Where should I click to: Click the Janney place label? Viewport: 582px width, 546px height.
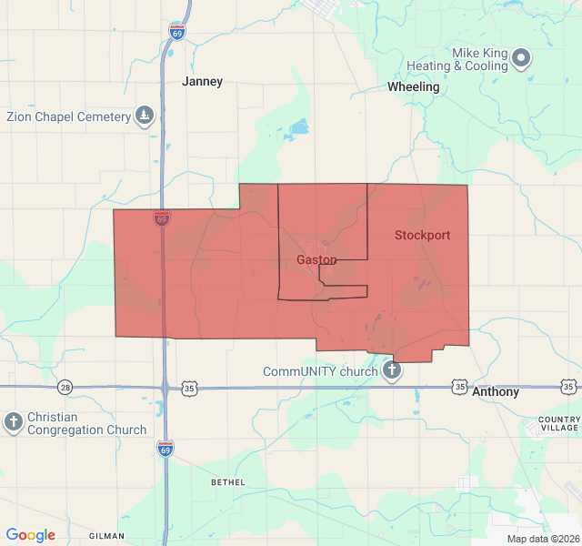click(x=202, y=81)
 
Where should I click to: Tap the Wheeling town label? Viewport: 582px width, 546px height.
click(x=413, y=87)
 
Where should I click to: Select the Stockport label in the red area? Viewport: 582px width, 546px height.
click(x=422, y=235)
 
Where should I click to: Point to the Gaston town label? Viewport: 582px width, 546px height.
click(x=316, y=259)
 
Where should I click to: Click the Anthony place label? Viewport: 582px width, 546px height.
click(x=496, y=391)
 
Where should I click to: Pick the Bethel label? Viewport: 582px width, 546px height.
click(x=227, y=481)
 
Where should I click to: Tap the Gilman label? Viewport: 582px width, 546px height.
click(x=107, y=536)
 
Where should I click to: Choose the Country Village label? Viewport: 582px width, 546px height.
click(x=558, y=423)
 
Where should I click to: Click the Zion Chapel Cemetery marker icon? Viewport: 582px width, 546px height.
click(x=145, y=116)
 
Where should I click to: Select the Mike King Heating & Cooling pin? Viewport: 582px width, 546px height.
click(x=521, y=58)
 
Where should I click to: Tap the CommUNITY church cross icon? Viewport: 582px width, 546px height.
click(x=392, y=370)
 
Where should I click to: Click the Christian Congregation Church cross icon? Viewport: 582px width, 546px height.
click(x=14, y=421)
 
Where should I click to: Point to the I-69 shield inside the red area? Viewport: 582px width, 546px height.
click(x=161, y=218)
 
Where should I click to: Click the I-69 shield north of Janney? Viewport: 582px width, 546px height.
click(x=176, y=32)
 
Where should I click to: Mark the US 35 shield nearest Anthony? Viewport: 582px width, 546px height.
click(x=460, y=388)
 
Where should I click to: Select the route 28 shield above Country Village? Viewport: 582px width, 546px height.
click(x=569, y=388)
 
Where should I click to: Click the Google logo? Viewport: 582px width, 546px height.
click(x=31, y=535)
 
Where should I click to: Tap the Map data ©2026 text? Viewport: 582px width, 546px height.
click(x=542, y=539)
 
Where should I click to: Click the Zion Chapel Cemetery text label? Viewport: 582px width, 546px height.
click(x=68, y=116)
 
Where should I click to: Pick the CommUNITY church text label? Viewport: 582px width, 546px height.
click(x=320, y=371)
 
